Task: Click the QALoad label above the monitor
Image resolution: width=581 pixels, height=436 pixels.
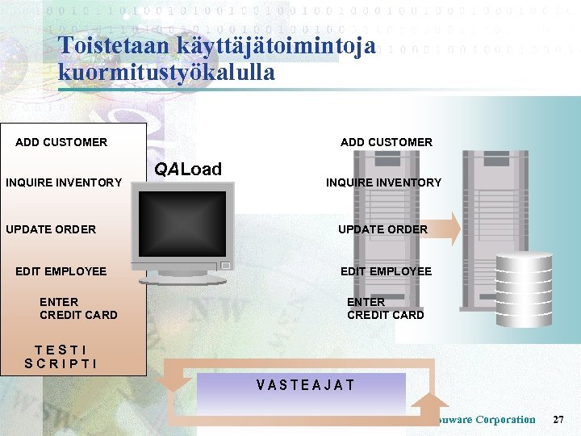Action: (x=188, y=169)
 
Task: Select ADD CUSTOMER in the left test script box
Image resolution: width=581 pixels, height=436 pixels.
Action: (x=61, y=142)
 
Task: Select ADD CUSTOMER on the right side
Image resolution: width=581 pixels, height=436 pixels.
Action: (x=386, y=142)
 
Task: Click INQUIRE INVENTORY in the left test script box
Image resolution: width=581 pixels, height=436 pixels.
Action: (x=64, y=182)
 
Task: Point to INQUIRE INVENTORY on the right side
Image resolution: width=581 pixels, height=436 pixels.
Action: (x=383, y=182)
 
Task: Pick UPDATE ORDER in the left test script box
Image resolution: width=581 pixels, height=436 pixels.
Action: (x=51, y=229)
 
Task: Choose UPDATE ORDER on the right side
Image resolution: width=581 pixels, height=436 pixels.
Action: (x=382, y=229)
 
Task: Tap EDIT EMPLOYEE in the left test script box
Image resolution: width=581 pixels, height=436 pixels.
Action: (x=61, y=271)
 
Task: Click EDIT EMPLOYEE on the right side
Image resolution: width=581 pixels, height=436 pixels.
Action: (x=386, y=271)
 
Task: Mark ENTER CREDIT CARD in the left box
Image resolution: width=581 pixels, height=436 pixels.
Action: (x=78, y=308)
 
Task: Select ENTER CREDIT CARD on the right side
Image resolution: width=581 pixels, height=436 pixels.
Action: (x=385, y=308)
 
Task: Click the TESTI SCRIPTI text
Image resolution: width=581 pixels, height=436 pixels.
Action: (x=61, y=357)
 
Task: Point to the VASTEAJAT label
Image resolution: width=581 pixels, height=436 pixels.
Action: (x=305, y=385)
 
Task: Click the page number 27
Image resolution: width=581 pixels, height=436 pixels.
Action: (x=558, y=420)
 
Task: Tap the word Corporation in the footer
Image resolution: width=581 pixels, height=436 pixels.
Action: (x=505, y=420)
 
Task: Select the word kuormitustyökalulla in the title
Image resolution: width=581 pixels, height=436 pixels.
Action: (x=166, y=73)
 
